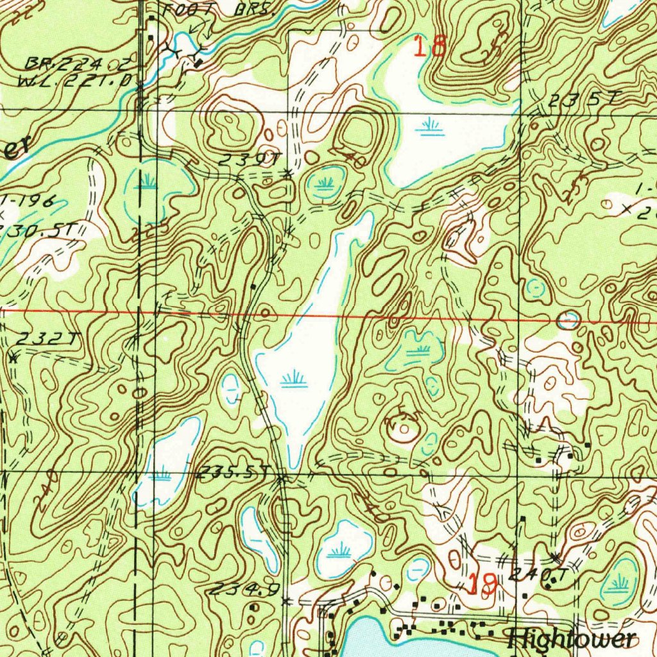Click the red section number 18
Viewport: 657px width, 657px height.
click(x=430, y=47)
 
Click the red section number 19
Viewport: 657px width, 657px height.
click(x=482, y=583)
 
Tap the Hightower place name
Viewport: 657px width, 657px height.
click(x=571, y=638)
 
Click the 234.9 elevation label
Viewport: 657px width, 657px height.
click(x=246, y=589)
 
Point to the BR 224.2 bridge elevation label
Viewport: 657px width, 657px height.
click(x=77, y=64)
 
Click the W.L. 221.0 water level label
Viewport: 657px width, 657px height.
click(x=77, y=81)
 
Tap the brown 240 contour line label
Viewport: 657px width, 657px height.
click(x=46, y=491)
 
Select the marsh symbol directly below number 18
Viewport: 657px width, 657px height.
click(x=429, y=128)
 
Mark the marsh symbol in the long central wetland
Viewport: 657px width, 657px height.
click(x=293, y=380)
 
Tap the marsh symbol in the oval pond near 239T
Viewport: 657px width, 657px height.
click(x=325, y=183)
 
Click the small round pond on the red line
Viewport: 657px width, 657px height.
click(x=568, y=320)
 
